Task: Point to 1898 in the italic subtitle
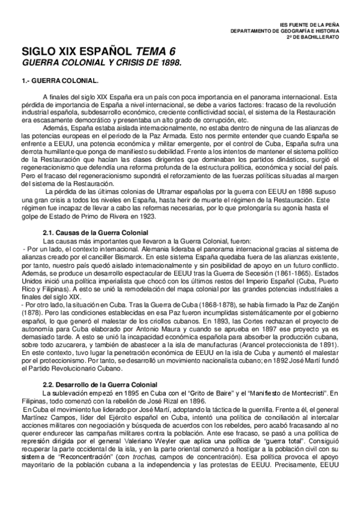click(169, 63)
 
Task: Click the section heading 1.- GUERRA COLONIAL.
click(60, 80)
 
